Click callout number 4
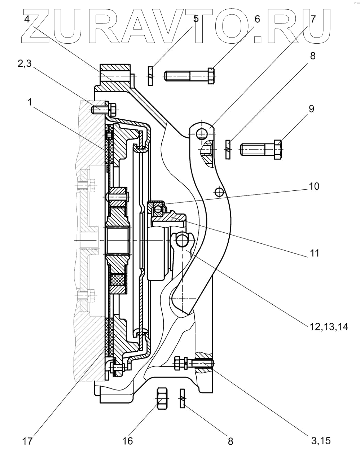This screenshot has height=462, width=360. tap(27, 19)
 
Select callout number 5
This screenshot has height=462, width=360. tap(196, 19)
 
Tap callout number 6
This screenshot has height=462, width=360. tap(257, 19)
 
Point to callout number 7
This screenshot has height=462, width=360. tap(313, 19)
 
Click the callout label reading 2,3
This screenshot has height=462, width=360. tap(25, 63)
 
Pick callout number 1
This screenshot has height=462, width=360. tap(30, 102)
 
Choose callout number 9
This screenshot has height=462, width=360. tap(311, 109)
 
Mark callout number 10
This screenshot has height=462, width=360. tap(314, 186)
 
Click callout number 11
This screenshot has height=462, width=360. tap(315, 253)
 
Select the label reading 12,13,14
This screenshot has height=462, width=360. tap(329, 326)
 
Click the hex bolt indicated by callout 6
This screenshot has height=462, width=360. tap(189, 76)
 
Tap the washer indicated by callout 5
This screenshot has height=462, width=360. tap(150, 76)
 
